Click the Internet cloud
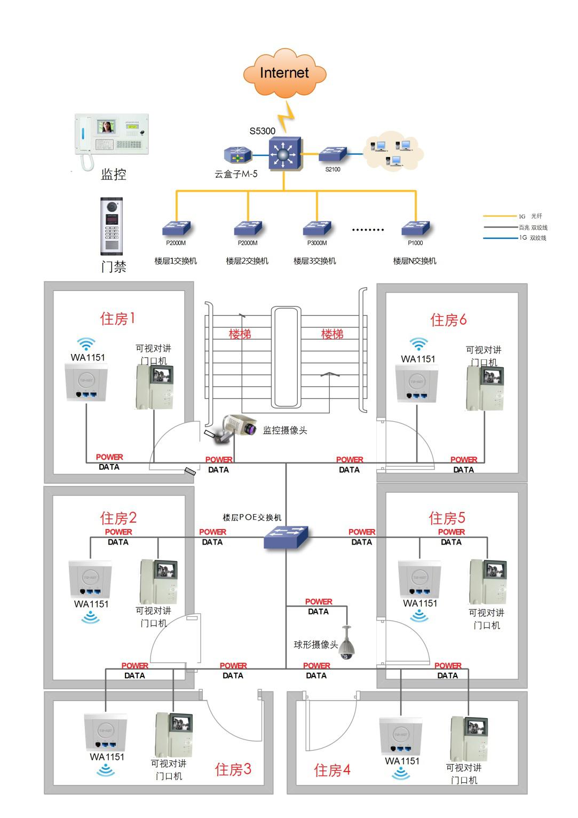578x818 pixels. click(x=284, y=73)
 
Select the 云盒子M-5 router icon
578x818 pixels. click(x=235, y=156)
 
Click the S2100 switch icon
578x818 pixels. click(x=332, y=154)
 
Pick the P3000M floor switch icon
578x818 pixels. click(x=316, y=229)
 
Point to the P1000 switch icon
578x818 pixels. click(x=415, y=229)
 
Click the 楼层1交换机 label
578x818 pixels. click(x=176, y=261)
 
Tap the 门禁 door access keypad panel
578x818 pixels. click(x=112, y=226)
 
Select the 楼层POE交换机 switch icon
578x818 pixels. click(x=286, y=537)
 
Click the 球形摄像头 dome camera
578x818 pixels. click(x=347, y=644)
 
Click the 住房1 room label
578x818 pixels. click(x=117, y=318)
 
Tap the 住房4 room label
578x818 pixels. click(x=332, y=770)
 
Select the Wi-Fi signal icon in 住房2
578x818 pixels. click(x=90, y=618)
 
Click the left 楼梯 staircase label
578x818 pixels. click(x=240, y=334)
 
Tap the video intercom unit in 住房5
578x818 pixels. click(x=487, y=582)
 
